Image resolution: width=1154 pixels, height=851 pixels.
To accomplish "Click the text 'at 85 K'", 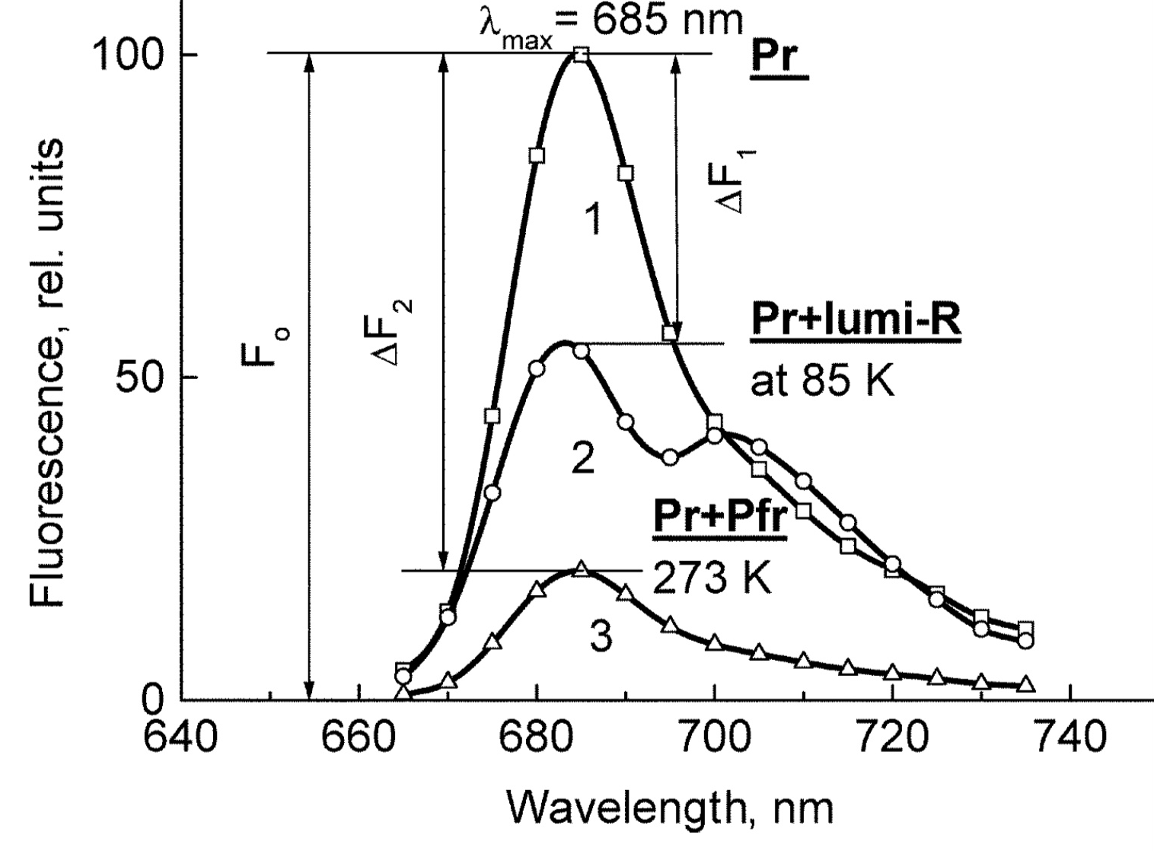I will pyautogui.click(x=822, y=380).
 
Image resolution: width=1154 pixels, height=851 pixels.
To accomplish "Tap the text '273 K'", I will pyautogui.click(x=712, y=580).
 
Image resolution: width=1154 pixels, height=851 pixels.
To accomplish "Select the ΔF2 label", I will pyautogui.click(x=397, y=332).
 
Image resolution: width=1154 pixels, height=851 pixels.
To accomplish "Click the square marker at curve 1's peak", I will pyautogui.click(x=581, y=54).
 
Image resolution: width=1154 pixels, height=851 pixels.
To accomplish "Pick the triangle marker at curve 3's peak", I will pyautogui.click(x=582, y=569).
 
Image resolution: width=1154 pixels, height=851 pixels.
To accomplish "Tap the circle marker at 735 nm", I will pyautogui.click(x=1025, y=641).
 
